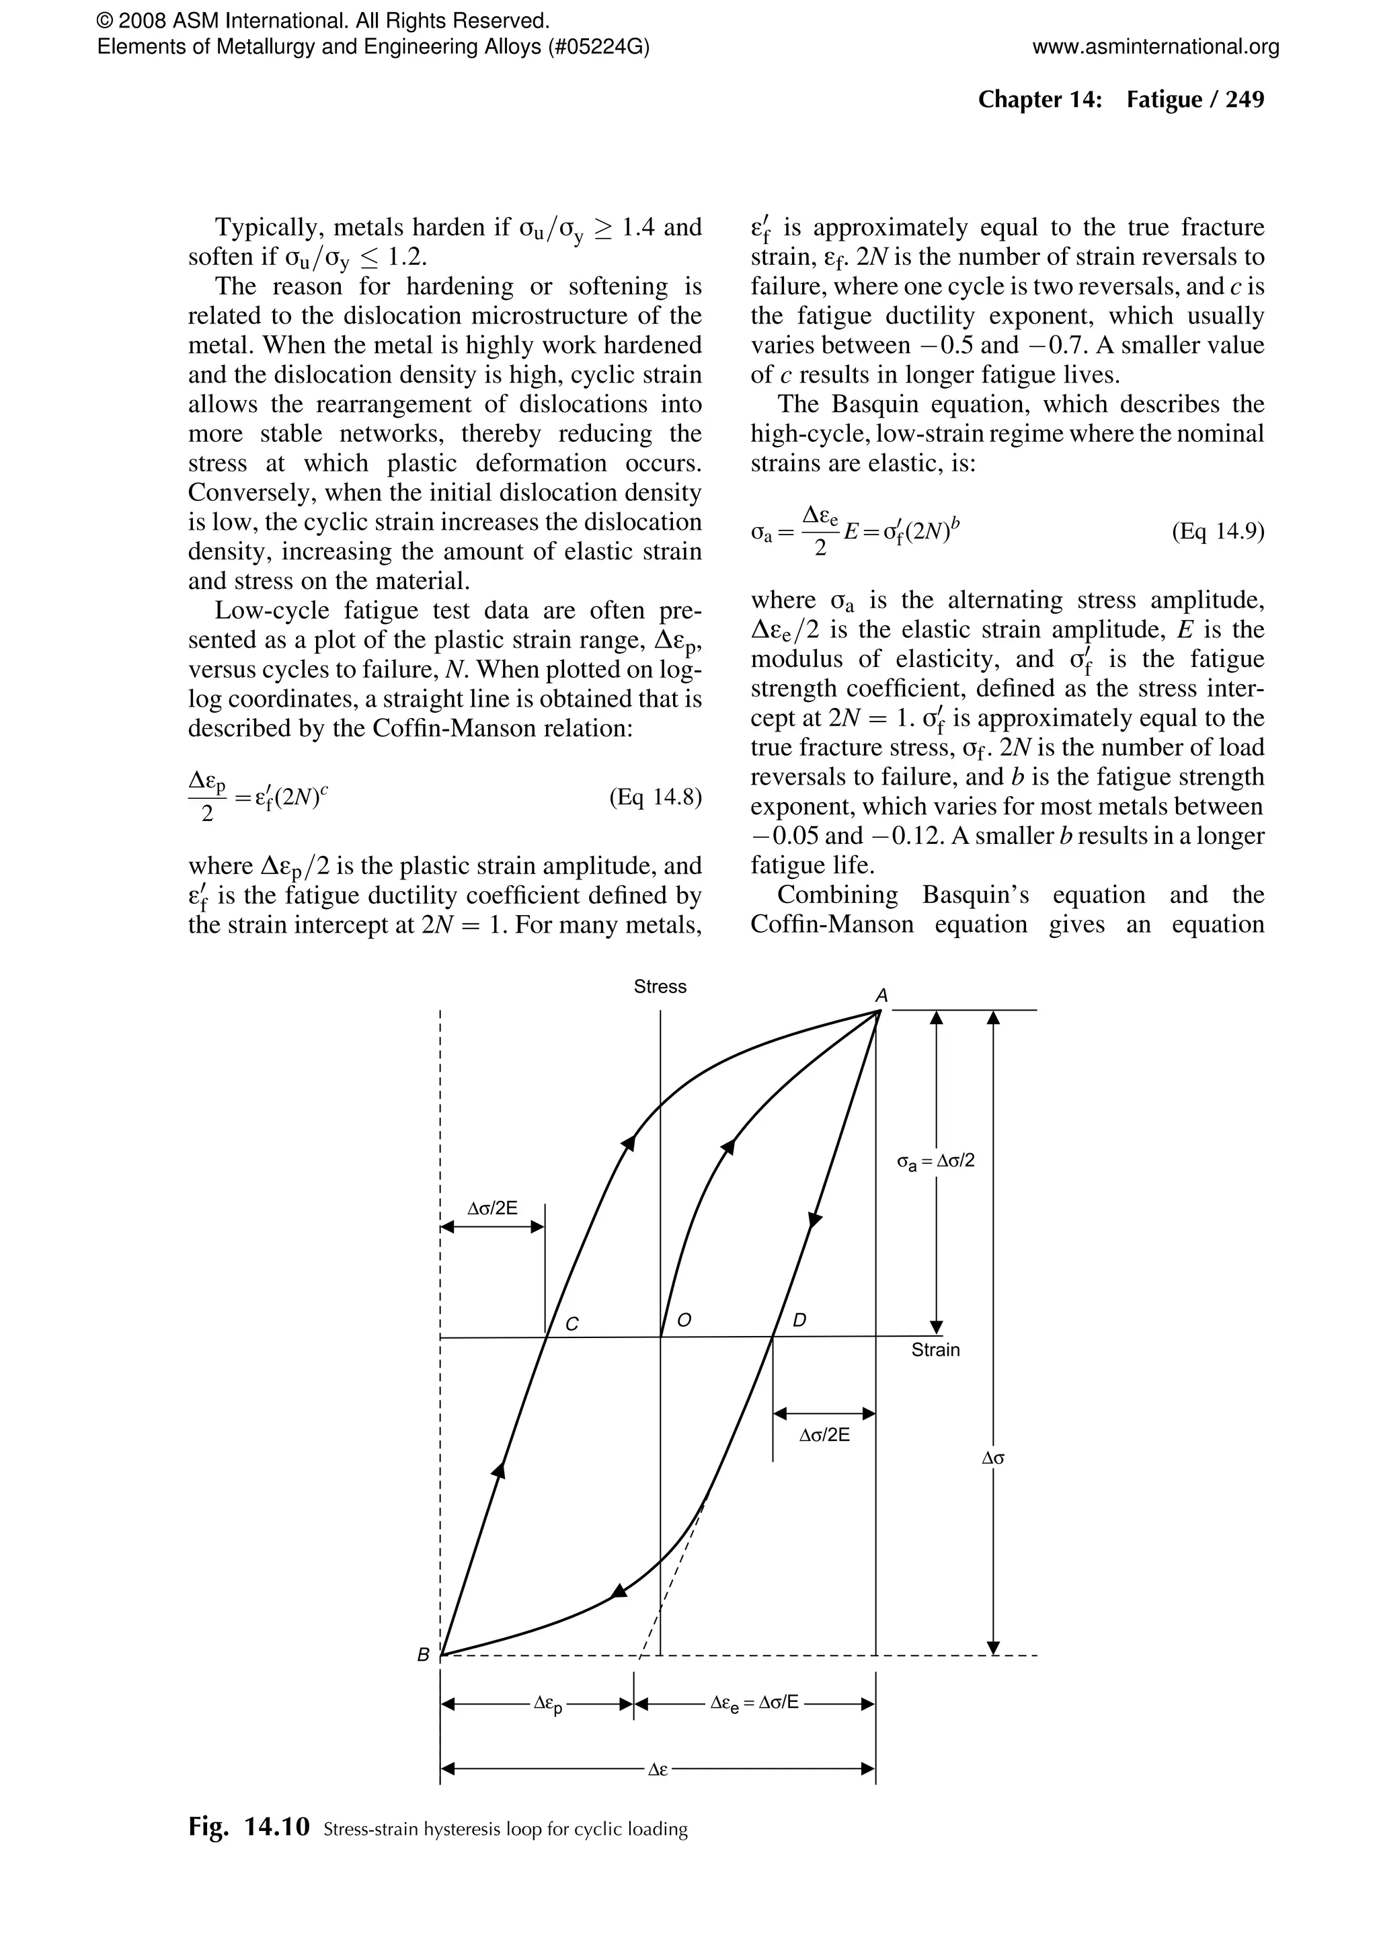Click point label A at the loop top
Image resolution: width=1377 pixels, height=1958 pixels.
pos(881,995)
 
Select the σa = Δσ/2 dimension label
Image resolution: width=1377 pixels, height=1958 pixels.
pos(935,1161)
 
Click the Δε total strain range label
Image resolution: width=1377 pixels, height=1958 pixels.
pos(658,1770)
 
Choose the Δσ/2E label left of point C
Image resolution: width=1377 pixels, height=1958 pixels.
pos(492,1208)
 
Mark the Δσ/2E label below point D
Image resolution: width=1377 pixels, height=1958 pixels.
pos(824,1434)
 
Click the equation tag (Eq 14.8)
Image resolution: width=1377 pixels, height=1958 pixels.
pos(655,797)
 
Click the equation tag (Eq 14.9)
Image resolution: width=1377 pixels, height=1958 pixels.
pos(1218,532)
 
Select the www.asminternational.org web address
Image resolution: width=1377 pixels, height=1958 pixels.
pos(1155,47)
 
